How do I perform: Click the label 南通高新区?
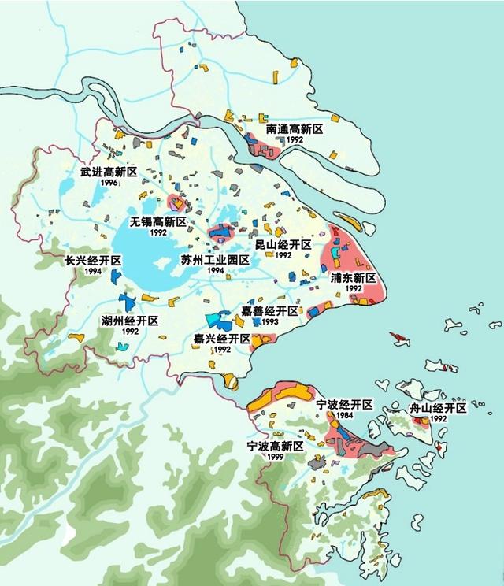[295, 128]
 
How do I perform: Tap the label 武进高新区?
[109, 172]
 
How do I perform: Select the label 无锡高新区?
[158, 222]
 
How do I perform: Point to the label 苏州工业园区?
[215, 259]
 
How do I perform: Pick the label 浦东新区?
[354, 278]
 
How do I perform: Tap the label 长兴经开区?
[93, 261]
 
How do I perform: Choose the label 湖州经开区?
[130, 321]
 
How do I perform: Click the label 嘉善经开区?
[270, 312]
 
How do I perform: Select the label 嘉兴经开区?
[222, 339]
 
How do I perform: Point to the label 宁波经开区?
[344, 404]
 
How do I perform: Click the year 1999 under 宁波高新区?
[275, 457]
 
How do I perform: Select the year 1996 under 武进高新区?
[109, 183]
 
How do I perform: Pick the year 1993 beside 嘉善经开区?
[270, 322]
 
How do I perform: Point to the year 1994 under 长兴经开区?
[93, 271]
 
